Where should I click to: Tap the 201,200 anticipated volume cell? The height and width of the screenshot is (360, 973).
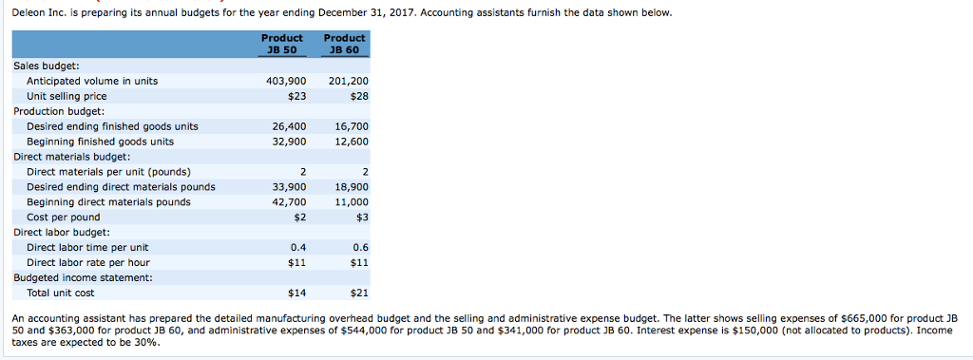348,82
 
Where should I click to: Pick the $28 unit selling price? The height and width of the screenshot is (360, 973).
358,96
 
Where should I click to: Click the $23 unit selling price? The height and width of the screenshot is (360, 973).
296,96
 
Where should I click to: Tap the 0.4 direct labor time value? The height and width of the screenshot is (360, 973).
298,247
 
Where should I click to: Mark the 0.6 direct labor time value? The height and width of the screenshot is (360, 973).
360,247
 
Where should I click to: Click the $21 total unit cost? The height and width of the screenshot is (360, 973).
358,293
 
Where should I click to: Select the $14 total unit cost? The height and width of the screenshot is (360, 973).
296,293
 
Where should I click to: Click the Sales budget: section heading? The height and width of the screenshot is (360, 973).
47,66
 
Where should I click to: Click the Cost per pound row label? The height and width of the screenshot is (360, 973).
63,218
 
